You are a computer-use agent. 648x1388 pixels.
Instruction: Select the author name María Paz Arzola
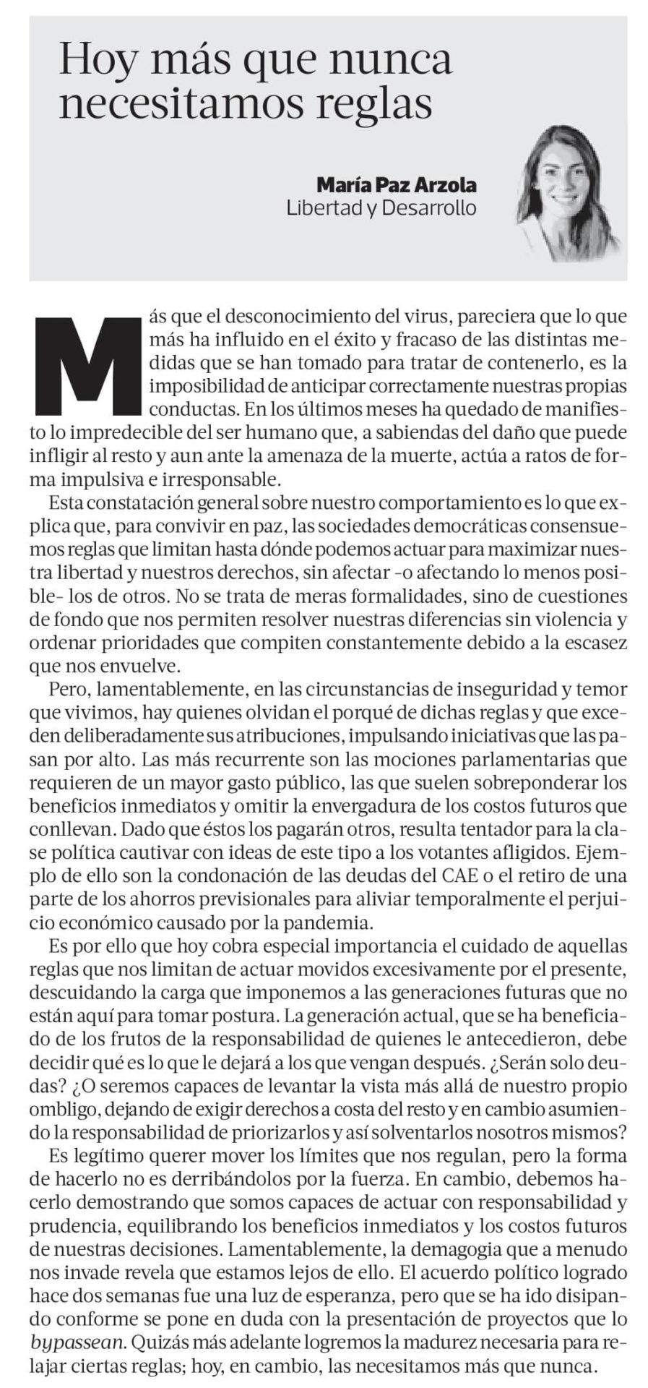pyautogui.click(x=397, y=185)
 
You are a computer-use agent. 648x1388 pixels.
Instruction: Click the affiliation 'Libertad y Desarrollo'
pyautogui.click(x=381, y=208)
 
